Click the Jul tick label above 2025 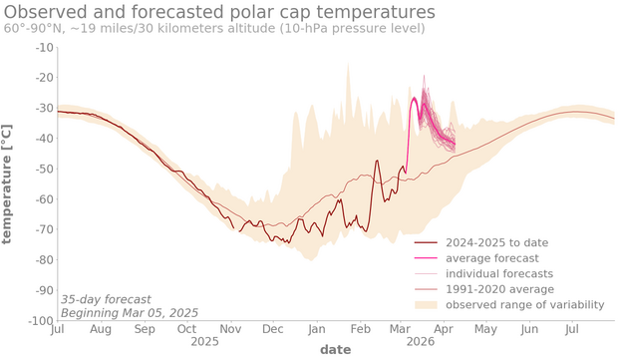(x=57, y=328)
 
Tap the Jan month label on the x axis (x=317, y=328)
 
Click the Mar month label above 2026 (x=400, y=328)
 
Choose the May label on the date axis (x=485, y=328)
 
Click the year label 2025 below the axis (x=204, y=341)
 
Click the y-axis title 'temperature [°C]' (x=9, y=184)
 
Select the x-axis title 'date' (x=335, y=350)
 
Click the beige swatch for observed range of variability (x=427, y=304)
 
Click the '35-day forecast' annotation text (x=107, y=298)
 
